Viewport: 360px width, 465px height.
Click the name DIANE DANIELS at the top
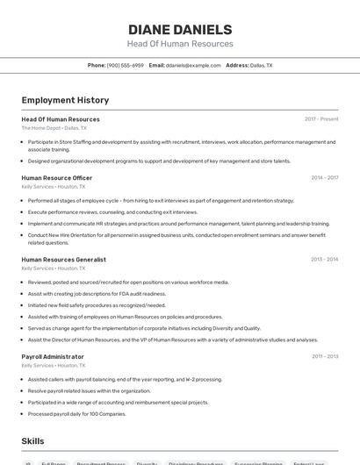coord(180,29)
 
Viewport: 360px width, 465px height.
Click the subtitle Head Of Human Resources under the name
coord(180,44)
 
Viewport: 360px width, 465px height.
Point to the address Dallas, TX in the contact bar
coord(261,65)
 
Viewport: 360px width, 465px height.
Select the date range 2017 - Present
coord(320,119)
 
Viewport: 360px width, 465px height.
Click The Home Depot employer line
coord(54,128)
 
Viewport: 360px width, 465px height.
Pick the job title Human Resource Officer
coord(56,178)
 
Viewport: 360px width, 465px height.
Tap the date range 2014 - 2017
coord(324,178)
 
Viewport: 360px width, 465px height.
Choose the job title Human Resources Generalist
coord(63,260)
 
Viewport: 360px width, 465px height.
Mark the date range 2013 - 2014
coord(324,260)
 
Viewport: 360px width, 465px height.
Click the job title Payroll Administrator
coord(53,356)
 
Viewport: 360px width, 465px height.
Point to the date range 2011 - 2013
coord(324,356)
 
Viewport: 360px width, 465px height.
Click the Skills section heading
coord(32,441)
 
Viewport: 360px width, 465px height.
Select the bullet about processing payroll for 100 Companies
coord(77,413)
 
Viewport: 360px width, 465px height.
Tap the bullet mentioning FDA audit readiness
coord(97,294)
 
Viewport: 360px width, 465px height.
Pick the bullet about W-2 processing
coord(125,379)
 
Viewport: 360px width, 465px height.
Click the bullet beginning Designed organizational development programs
coord(159,161)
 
